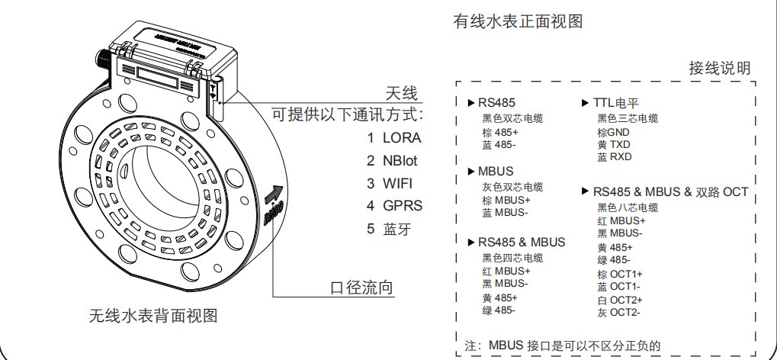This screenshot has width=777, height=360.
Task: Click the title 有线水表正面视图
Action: tap(518, 22)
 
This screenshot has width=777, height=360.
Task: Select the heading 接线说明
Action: tap(720, 69)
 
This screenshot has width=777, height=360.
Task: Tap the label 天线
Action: tap(402, 94)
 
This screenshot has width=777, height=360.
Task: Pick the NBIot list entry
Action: tap(400, 161)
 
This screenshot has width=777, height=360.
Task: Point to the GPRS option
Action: tap(403, 206)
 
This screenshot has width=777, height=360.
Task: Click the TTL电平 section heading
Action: tap(615, 102)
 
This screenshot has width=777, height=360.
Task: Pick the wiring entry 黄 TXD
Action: tap(614, 144)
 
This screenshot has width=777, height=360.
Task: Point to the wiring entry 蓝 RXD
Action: tap(615, 156)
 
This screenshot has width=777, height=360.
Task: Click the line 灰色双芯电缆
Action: tap(512, 188)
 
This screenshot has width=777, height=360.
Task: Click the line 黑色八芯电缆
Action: tap(628, 207)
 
